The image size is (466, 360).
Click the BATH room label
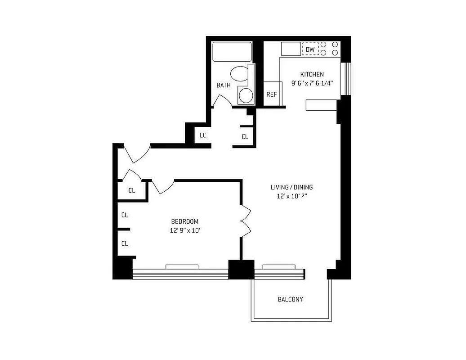point(224,85)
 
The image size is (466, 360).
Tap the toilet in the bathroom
point(239,74)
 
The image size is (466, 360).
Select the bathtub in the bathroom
point(232,52)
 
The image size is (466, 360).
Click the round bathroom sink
point(246,95)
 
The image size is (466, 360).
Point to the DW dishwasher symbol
point(310,49)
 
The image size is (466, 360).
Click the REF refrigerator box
point(271,94)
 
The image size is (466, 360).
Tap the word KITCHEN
point(312,74)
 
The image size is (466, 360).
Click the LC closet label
point(203,135)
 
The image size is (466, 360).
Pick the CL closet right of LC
point(245,137)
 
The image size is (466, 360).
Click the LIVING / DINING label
point(291,187)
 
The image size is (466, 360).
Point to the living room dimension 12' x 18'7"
point(291,196)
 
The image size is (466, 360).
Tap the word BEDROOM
point(184,221)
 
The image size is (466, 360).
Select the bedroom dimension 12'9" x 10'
point(184,230)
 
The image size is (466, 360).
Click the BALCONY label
point(290,299)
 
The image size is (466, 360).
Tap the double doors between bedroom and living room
point(246,221)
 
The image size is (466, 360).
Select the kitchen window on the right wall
point(345,79)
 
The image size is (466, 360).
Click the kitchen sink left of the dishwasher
point(291,49)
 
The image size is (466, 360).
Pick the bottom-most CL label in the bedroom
point(125,243)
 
